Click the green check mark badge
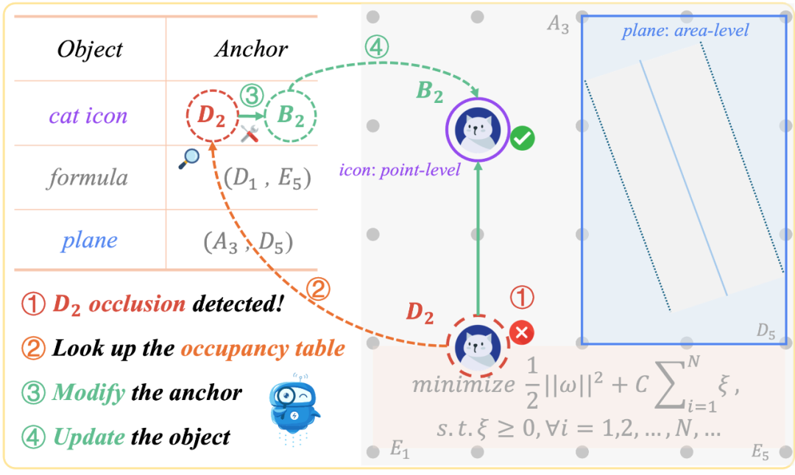[x=523, y=138]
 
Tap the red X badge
[x=522, y=333]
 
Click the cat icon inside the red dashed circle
[x=478, y=344]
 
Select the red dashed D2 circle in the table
[x=211, y=116]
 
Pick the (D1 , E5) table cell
[x=268, y=178]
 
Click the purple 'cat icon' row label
[x=88, y=115]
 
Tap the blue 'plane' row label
[x=90, y=241]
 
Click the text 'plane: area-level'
[x=685, y=31]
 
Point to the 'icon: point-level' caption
[x=400, y=171]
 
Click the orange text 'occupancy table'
[x=263, y=348]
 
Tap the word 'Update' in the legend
[x=89, y=438]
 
